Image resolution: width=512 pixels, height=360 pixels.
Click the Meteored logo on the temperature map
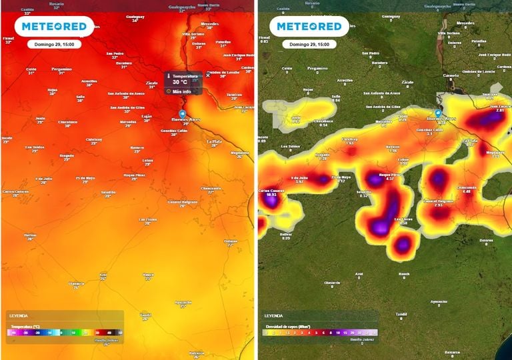54,27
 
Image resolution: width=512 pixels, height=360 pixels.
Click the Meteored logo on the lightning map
309,27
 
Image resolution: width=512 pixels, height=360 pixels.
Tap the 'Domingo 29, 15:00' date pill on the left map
54,44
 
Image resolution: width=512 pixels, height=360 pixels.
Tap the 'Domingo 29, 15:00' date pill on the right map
309,44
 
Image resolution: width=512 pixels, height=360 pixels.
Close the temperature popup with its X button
207,75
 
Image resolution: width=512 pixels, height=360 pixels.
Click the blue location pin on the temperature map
182,113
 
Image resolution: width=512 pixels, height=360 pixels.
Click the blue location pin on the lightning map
438,113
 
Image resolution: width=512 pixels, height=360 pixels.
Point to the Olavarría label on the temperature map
77,283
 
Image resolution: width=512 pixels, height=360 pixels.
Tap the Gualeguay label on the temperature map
135,17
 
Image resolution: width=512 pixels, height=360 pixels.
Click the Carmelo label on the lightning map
451,75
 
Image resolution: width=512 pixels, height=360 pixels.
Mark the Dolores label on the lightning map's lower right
486,241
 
